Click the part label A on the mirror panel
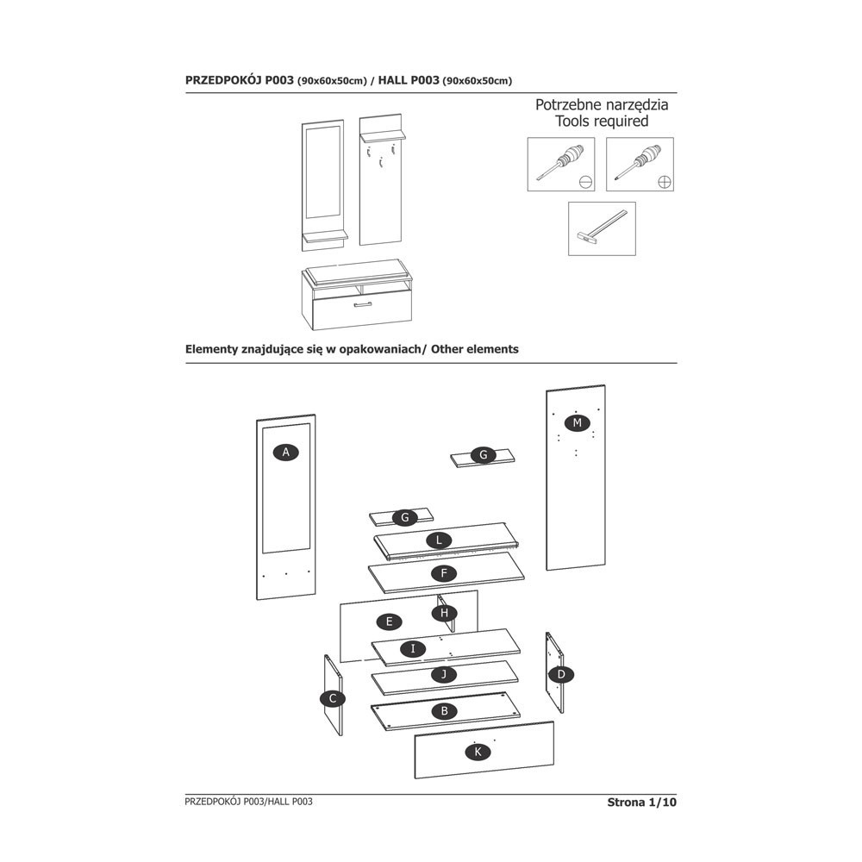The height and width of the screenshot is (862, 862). coord(284,452)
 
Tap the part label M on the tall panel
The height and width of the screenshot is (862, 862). coord(578,422)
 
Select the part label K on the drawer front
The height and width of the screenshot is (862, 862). coord(478,752)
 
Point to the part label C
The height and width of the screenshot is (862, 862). coord(332,699)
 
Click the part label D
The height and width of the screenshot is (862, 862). coord(561,673)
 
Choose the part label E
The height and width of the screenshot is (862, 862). coord(390,621)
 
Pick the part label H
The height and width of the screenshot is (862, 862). coord(444,613)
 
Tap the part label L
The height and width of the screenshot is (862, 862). coord(440,540)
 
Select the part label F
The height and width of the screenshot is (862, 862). coord(443,572)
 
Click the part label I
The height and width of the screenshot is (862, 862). coord(413,648)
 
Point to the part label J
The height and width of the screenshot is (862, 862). coord(443,674)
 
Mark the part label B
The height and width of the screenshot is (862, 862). coord(443,711)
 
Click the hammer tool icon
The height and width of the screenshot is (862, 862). coord(602,228)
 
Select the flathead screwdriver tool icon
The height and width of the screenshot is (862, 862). coord(560,164)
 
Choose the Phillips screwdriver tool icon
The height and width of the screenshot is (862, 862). coord(640,164)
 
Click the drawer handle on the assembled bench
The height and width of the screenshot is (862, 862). coord(362,304)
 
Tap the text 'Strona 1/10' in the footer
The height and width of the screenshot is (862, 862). coord(642,803)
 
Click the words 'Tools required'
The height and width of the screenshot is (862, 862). coord(602,122)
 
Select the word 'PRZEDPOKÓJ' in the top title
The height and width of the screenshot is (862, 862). coord(223,80)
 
